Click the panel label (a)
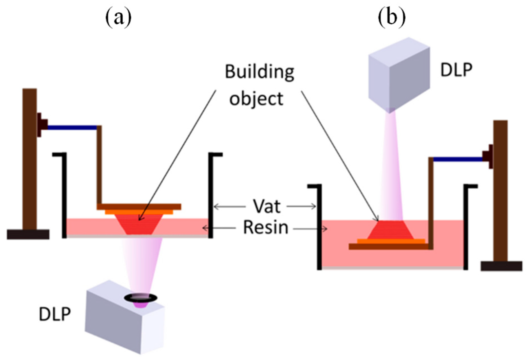tap(118, 18)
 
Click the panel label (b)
tap(392, 18)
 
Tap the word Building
tap(259, 72)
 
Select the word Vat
tap(266, 206)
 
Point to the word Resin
tap(266, 227)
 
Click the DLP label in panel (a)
tap(55, 314)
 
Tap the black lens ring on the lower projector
tap(141, 298)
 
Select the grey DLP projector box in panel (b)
tap(399, 74)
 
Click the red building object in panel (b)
tap(391, 230)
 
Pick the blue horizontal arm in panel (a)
tap(72, 128)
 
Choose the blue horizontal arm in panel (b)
tap(458, 159)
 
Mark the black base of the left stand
tap(28, 234)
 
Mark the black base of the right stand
tap(501, 266)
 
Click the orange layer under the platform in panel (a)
tap(139, 212)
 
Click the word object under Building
tap(256, 99)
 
